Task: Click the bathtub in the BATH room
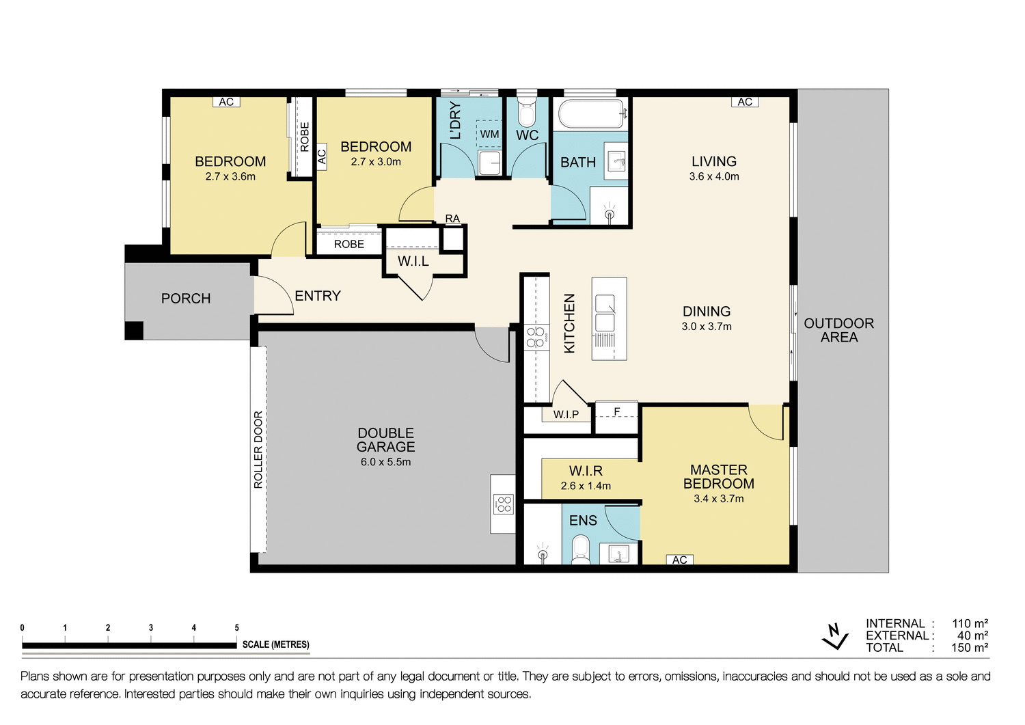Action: pyautogui.click(x=592, y=114)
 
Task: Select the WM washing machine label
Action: pyautogui.click(x=489, y=134)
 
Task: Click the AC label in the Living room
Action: pyautogui.click(x=745, y=102)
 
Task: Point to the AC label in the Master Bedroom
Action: pyautogui.click(x=679, y=560)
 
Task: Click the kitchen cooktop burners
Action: pyautogui.click(x=536, y=338)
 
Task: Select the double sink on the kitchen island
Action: pyautogui.click(x=605, y=313)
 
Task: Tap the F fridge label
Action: pyautogui.click(x=616, y=411)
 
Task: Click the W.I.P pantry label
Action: pyautogui.click(x=566, y=414)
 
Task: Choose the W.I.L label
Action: pyautogui.click(x=413, y=261)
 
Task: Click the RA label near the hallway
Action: pyautogui.click(x=452, y=219)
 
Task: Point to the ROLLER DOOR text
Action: pyautogui.click(x=258, y=449)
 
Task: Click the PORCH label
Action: pyautogui.click(x=186, y=299)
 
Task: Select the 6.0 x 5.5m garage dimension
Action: pyautogui.click(x=385, y=462)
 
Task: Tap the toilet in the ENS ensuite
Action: pyautogui.click(x=580, y=549)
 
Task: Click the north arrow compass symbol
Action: pyautogui.click(x=834, y=636)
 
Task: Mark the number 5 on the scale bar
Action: pyautogui.click(x=237, y=627)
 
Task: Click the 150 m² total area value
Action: pyautogui.click(x=970, y=648)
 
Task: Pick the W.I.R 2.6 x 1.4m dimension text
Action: pyautogui.click(x=586, y=486)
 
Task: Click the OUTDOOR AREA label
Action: pyautogui.click(x=838, y=330)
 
